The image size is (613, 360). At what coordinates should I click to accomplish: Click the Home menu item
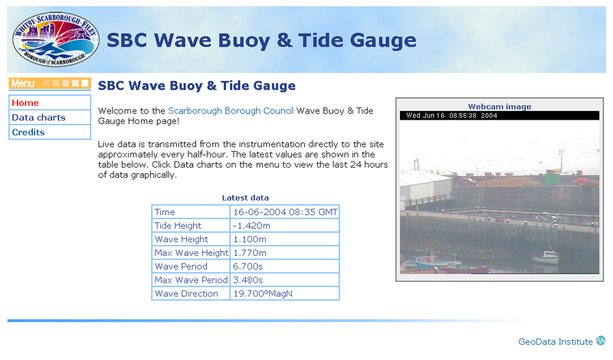point(25,103)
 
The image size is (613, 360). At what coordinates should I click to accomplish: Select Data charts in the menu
point(38,118)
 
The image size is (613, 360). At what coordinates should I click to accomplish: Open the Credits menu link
point(28,132)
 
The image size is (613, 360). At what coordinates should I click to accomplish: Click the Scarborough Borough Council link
point(231,111)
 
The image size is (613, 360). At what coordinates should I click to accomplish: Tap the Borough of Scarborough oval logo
point(56,39)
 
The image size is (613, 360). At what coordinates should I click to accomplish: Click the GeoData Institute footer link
point(556,342)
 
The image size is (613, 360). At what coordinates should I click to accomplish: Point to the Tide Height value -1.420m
point(251,225)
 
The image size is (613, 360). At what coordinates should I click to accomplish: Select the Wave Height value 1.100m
point(250,239)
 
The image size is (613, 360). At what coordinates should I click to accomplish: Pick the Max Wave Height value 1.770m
point(250,253)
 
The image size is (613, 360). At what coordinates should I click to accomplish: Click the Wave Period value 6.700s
point(247,267)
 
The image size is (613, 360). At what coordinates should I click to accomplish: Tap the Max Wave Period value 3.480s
point(247,280)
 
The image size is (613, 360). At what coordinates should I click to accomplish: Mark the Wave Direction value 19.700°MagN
point(263,293)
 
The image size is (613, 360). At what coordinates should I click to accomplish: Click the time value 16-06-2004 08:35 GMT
point(285,212)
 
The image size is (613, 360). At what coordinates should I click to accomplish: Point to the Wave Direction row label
point(186,293)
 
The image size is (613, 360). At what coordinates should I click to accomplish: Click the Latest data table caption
point(245,198)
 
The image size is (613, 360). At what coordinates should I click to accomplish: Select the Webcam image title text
point(500,106)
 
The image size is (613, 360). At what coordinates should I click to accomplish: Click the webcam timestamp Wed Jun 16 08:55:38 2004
point(451,116)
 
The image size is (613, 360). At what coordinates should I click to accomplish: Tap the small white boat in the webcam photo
point(546,257)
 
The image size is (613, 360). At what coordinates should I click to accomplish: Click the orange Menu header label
point(23,83)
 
